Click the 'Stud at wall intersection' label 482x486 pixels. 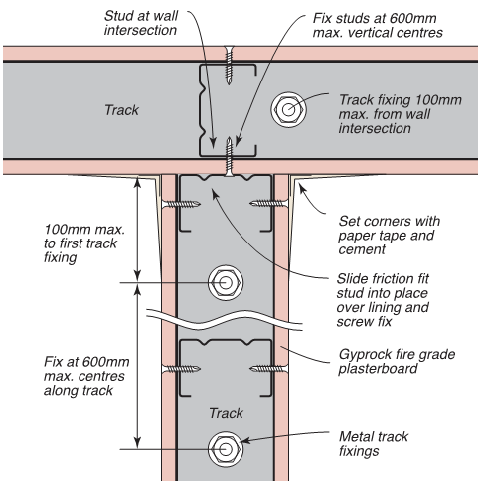(x=141, y=23)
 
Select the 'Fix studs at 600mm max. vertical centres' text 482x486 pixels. (x=378, y=25)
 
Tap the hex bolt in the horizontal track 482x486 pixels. (x=288, y=109)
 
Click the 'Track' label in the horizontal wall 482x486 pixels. (x=121, y=110)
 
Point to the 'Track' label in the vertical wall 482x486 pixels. (x=227, y=413)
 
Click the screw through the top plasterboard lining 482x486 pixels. (x=229, y=66)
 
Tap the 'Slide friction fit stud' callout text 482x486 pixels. (x=383, y=300)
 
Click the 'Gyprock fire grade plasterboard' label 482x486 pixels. (x=397, y=361)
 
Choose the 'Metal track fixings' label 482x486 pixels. (x=374, y=444)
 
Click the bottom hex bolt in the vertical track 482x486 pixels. (x=226, y=449)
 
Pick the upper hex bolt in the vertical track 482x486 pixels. (x=226, y=283)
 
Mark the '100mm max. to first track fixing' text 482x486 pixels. (x=84, y=243)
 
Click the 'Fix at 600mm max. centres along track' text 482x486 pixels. (x=86, y=376)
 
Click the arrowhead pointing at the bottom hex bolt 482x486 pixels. (x=244, y=440)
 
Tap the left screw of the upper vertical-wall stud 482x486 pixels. (x=181, y=204)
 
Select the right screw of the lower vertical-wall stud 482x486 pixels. (x=269, y=368)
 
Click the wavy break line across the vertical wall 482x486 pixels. (x=225, y=320)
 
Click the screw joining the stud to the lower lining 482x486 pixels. (x=229, y=156)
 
